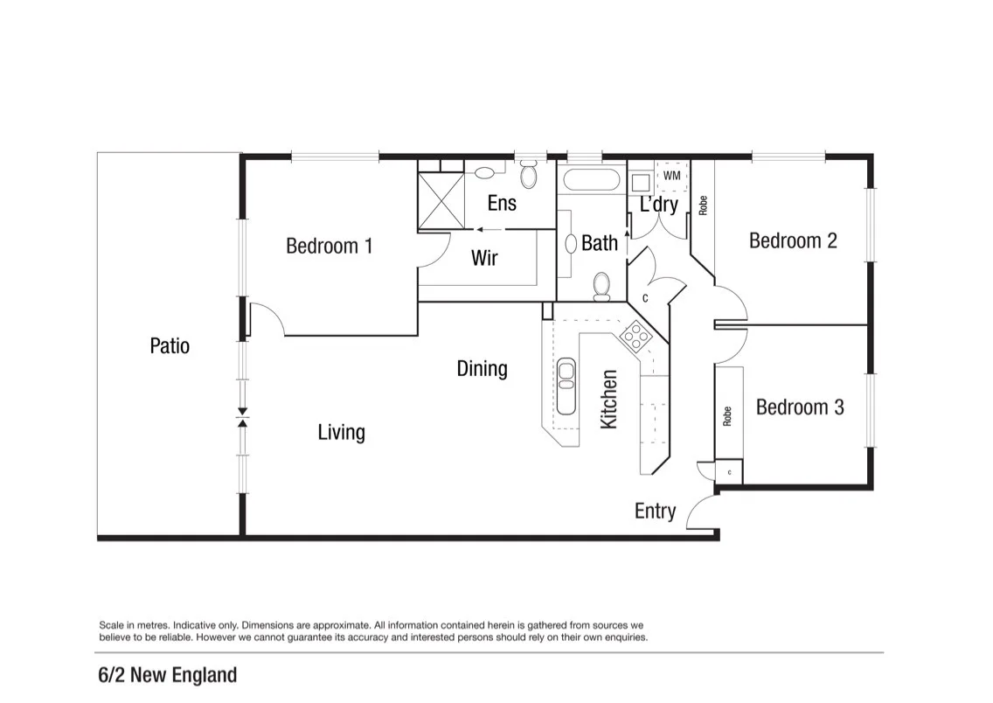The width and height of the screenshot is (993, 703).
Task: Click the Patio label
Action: pyautogui.click(x=170, y=345)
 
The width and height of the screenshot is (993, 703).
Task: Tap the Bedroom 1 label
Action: pyautogui.click(x=329, y=246)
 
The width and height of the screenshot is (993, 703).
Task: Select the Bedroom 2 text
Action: pyautogui.click(x=793, y=240)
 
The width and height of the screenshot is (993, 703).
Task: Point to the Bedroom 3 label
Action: pyautogui.click(x=800, y=407)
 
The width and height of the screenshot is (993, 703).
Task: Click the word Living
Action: pyautogui.click(x=341, y=433)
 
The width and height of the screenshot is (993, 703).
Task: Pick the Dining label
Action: pyautogui.click(x=482, y=369)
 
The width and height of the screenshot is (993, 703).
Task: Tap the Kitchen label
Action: pyautogui.click(x=608, y=400)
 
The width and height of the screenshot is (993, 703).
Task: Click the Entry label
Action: pyautogui.click(x=655, y=512)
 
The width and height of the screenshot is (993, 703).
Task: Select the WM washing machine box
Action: pyautogui.click(x=672, y=176)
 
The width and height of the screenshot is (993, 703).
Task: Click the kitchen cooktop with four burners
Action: pyautogui.click(x=635, y=337)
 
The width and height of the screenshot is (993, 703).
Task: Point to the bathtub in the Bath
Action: pyautogui.click(x=592, y=180)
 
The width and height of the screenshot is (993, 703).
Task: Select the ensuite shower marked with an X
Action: pyautogui.click(x=441, y=200)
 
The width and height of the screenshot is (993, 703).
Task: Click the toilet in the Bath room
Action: pyautogui.click(x=601, y=287)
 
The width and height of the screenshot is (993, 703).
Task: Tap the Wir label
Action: pyautogui.click(x=484, y=258)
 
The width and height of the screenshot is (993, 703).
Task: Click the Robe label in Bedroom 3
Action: pyautogui.click(x=727, y=416)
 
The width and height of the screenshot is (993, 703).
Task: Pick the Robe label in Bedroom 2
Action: pyautogui.click(x=703, y=205)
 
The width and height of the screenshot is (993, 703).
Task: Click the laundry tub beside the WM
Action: pyautogui.click(x=641, y=183)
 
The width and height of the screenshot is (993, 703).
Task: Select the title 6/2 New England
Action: pyautogui.click(x=168, y=675)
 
